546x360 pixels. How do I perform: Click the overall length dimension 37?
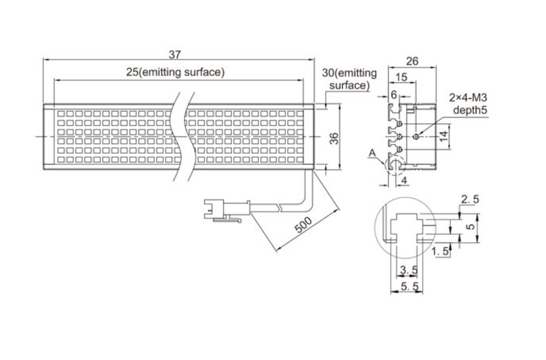(175, 54)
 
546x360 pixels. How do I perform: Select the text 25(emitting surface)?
(175, 72)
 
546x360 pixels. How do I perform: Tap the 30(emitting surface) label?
(349, 79)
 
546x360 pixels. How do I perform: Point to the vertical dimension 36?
(334, 138)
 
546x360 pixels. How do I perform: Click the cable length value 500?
(303, 225)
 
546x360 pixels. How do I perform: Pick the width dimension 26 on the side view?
(412, 61)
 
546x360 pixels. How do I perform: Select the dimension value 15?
(402, 77)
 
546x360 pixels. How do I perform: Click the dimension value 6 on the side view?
(394, 94)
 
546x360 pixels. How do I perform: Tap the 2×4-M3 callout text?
(468, 97)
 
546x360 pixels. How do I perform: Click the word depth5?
(470, 110)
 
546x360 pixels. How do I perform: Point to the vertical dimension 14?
(443, 136)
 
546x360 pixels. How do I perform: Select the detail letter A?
(372, 153)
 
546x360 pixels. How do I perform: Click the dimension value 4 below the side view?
(404, 180)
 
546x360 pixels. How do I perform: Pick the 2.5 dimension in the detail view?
(470, 199)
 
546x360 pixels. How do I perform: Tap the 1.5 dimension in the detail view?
(441, 251)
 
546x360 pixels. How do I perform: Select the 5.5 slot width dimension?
(410, 287)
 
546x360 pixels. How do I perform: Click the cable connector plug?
(226, 210)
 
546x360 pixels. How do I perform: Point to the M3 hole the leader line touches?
(416, 136)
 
